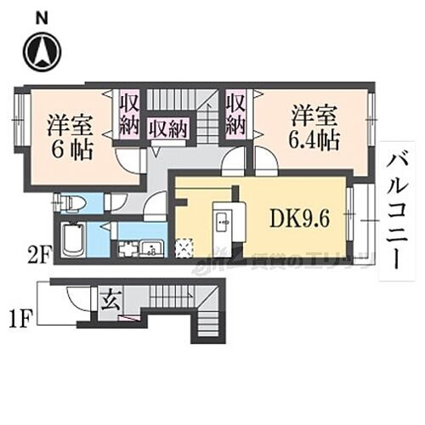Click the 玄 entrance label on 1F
pyautogui.click(x=111, y=301)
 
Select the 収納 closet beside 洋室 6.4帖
pyautogui.click(x=235, y=114)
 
